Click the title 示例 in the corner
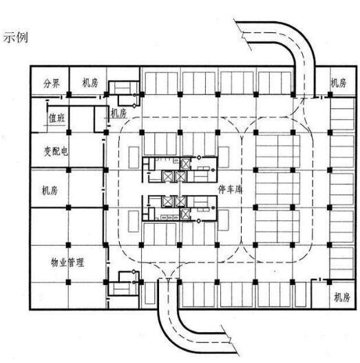click(x=16, y=37)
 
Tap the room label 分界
click(x=52, y=83)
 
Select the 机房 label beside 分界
click(x=90, y=83)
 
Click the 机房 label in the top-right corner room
click(x=338, y=83)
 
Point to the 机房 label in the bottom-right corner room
click(x=342, y=297)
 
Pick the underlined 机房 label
click(x=118, y=113)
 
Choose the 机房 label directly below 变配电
click(x=50, y=190)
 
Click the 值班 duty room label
click(x=57, y=118)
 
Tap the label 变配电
click(x=56, y=151)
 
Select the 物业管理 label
click(x=67, y=262)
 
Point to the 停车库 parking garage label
click(x=230, y=189)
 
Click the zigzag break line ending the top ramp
click(x=243, y=35)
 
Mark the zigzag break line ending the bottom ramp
click(x=230, y=340)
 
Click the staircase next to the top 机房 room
click(x=124, y=87)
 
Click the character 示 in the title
click(x=9, y=37)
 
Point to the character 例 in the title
click(x=22, y=37)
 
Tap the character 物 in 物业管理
click(x=55, y=262)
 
